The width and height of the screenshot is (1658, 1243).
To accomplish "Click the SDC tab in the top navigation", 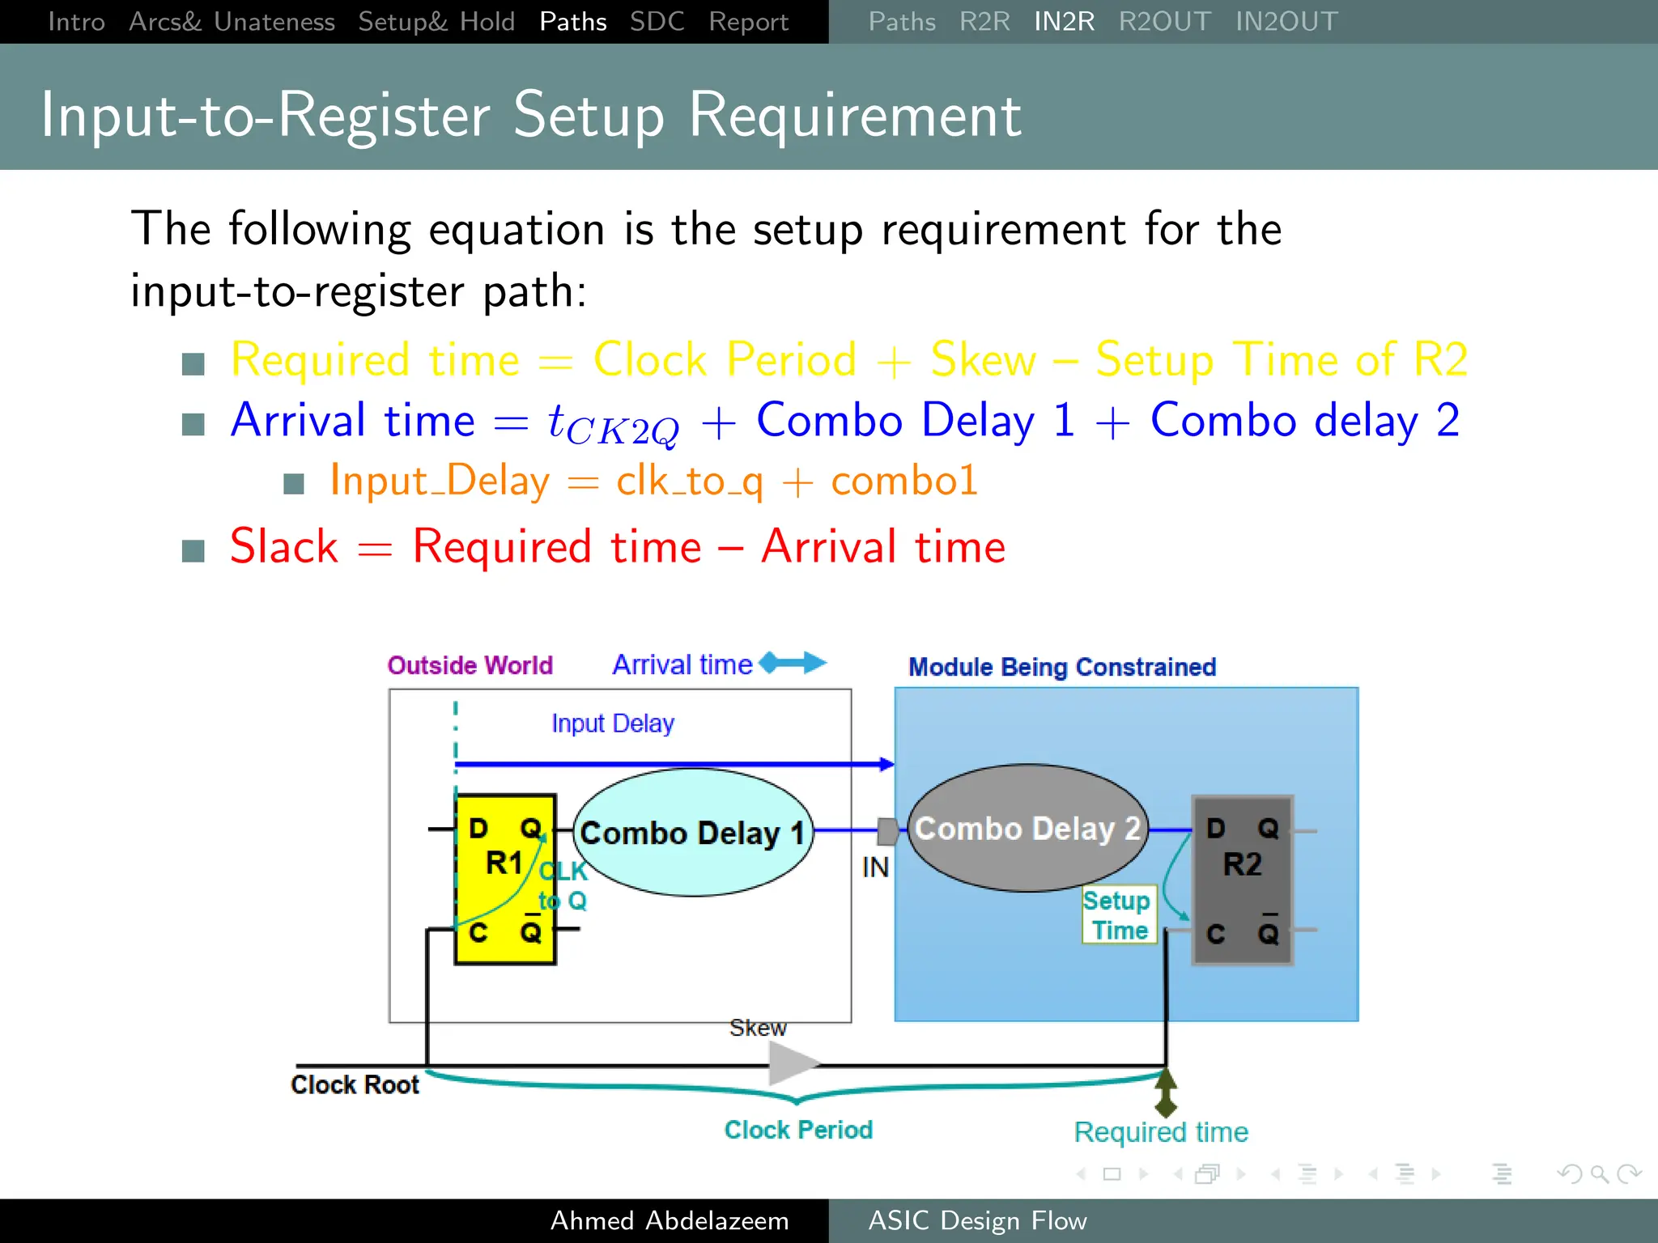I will tap(657, 21).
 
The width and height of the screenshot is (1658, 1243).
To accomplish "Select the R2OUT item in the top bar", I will tap(1164, 21).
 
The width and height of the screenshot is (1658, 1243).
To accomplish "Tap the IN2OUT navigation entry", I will tap(1286, 21).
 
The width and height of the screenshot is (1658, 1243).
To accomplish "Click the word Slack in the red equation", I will tap(284, 546).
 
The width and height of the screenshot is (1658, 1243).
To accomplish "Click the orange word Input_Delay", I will tap(440, 481).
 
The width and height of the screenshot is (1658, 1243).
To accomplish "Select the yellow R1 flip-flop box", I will tap(505, 880).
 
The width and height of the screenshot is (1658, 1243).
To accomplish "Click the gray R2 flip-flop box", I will tap(1242, 880).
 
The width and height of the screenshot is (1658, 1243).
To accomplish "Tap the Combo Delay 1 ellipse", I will tap(693, 833).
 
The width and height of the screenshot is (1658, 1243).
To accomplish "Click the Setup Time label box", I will tap(1120, 915).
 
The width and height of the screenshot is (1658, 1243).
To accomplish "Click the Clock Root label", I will tap(355, 1084).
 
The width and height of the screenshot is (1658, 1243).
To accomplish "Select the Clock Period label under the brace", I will tap(798, 1130).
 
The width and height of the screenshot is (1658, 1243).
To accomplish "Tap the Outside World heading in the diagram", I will tap(470, 665).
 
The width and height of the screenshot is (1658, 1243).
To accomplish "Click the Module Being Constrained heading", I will tap(1061, 667).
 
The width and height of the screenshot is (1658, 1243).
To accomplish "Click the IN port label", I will tap(875, 868).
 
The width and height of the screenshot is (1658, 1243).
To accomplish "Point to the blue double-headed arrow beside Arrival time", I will tap(793, 663).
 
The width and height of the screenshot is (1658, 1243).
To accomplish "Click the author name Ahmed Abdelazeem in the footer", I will tap(669, 1220).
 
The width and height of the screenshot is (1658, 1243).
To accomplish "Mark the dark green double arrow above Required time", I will tap(1166, 1092).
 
